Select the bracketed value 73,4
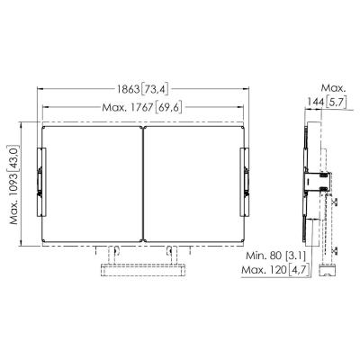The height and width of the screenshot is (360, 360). pos(157,89)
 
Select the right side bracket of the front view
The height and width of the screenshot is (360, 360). pos(243,180)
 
